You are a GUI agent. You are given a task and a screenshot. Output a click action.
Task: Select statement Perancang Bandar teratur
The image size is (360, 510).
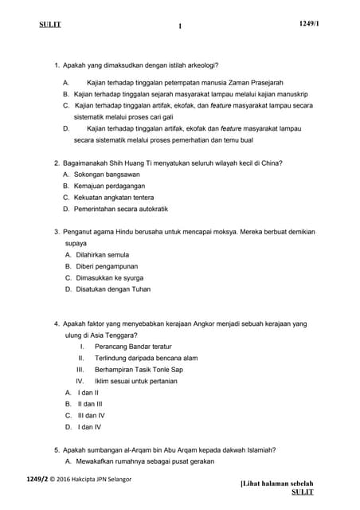point(133,347)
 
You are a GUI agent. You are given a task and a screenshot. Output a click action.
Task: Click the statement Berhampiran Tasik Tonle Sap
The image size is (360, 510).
point(139,370)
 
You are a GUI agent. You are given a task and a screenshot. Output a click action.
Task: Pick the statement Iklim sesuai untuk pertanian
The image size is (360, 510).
point(135,381)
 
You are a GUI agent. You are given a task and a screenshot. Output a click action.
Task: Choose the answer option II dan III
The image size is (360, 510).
point(89,404)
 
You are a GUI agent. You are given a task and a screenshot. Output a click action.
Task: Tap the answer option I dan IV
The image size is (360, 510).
point(89,427)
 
